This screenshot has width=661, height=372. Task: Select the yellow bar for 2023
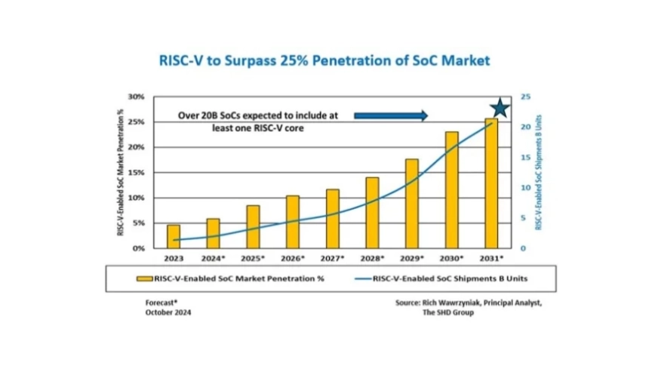pos(174,236)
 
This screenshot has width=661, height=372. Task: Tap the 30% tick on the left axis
pos(136,97)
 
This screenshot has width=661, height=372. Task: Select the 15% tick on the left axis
pos(136,173)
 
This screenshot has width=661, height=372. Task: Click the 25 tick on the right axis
pos(525,97)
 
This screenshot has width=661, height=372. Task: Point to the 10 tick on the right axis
pos(525,188)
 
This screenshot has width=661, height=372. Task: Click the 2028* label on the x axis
pos(372,258)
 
